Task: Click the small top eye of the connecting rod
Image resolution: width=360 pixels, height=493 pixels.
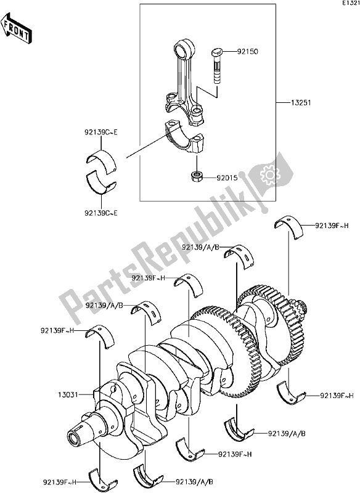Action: [x=184, y=47]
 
